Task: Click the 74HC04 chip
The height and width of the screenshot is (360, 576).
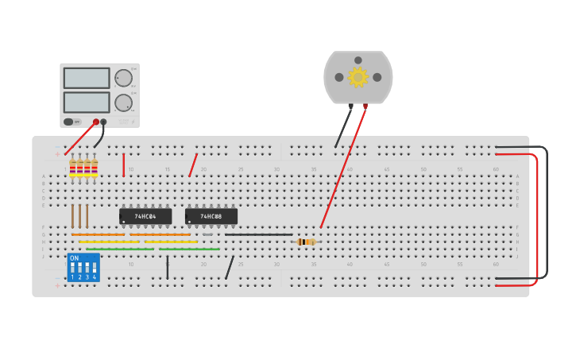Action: pyautogui.click(x=145, y=216)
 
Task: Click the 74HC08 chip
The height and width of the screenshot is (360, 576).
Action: pyautogui.click(x=211, y=216)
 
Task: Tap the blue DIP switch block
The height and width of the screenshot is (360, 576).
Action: pyautogui.click(x=83, y=268)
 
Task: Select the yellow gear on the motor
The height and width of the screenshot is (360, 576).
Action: pyautogui.click(x=358, y=77)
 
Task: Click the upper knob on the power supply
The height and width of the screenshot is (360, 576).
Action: pyautogui.click(x=123, y=78)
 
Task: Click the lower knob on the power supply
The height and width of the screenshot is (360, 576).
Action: pyautogui.click(x=123, y=103)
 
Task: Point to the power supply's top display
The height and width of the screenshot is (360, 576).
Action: pyautogui.click(x=87, y=78)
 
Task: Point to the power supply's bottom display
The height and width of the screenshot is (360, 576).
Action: pyautogui.click(x=87, y=103)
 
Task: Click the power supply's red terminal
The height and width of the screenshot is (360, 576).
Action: pyautogui.click(x=96, y=122)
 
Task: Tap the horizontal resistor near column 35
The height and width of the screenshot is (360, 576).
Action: pyautogui.click(x=305, y=242)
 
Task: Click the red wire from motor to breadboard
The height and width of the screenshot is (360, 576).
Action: pyautogui.click(x=343, y=167)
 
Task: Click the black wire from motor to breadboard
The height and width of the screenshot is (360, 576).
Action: pyautogui.click(x=343, y=127)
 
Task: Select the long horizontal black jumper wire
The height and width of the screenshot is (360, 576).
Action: pyautogui.click(x=258, y=234)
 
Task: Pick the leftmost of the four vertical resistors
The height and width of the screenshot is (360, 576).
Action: pyautogui.click(x=72, y=168)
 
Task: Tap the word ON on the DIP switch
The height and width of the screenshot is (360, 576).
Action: pyautogui.click(x=74, y=258)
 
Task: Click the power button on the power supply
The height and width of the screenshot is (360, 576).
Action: pyautogui.click(x=68, y=122)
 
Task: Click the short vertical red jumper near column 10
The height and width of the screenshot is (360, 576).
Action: pyautogui.click(x=123, y=165)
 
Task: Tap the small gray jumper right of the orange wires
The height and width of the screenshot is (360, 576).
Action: pyautogui.click(x=207, y=234)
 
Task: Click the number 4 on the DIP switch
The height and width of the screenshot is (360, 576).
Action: pyautogui.click(x=94, y=277)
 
